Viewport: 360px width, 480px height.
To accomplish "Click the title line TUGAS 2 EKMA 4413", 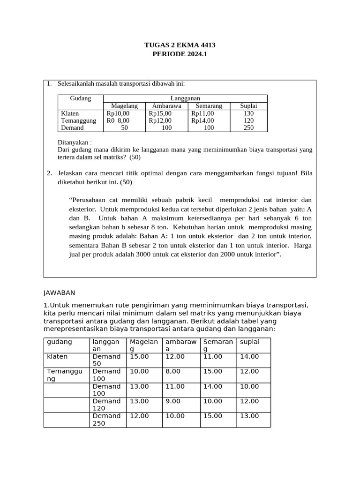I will point(180,45).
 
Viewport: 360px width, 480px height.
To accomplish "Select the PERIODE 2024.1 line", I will point(180,54).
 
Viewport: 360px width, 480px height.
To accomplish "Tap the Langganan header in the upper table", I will point(185,98).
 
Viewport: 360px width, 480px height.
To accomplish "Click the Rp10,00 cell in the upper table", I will point(118,113).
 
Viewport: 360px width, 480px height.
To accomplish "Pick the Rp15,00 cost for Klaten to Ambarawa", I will point(160,113).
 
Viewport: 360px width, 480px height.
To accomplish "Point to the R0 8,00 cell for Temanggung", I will point(118,120).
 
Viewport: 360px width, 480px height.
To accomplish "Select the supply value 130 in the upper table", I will point(248,113).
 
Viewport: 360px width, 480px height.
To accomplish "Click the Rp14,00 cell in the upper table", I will point(202,120).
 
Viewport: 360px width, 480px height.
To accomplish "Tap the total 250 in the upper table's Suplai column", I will point(248,127).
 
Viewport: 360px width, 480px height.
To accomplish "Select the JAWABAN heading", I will point(59,292).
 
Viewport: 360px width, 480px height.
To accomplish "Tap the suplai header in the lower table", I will point(249,342).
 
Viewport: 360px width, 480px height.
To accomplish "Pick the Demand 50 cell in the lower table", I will point(106,360).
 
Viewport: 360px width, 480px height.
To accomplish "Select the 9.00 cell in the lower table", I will point(173,401).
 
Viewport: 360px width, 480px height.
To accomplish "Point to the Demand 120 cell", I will point(106,405).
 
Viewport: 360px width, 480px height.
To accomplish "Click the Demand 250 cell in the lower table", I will point(106,420).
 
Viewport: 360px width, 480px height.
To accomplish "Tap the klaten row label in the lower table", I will point(57,357).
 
